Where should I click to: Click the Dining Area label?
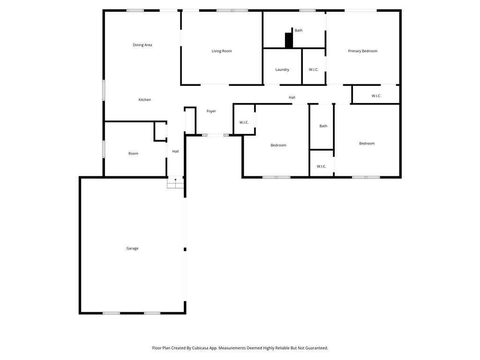coord(142,45)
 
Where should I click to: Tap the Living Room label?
coord(222,51)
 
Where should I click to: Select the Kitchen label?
coord(144,100)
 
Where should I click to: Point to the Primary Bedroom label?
coord(362,51)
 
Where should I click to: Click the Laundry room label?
coord(282,70)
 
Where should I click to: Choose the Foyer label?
coord(211,111)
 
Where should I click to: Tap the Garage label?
coord(132,248)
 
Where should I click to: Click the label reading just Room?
coord(134,154)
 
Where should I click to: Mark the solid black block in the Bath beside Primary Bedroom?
coord(289,40)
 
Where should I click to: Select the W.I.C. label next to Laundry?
coord(314,70)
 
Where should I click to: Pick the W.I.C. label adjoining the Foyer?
coord(244,123)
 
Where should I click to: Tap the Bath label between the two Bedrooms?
coord(323,126)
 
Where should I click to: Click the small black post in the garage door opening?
coord(185,249)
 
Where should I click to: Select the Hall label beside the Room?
coord(175,151)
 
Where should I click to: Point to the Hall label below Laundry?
coord(292,97)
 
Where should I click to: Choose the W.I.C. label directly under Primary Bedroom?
coord(376,96)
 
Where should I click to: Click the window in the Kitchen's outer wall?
coord(104,90)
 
